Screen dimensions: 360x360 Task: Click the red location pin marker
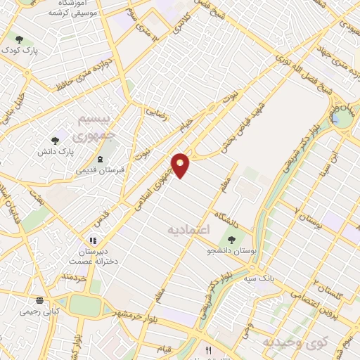pos(181,165)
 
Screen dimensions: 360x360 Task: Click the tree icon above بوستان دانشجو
pos(231,240)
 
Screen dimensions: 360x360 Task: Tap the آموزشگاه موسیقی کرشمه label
pos(68,9)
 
